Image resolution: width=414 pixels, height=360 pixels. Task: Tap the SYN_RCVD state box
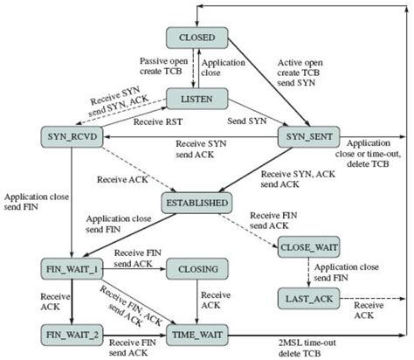66,136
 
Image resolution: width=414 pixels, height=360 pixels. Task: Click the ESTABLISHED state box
197,204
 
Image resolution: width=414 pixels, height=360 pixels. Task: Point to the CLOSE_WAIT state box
307,248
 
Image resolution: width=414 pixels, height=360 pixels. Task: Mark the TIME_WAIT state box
197,333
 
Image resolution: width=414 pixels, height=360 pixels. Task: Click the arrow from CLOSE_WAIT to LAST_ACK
307,273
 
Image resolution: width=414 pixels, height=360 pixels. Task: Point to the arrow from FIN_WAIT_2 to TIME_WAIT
135,334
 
